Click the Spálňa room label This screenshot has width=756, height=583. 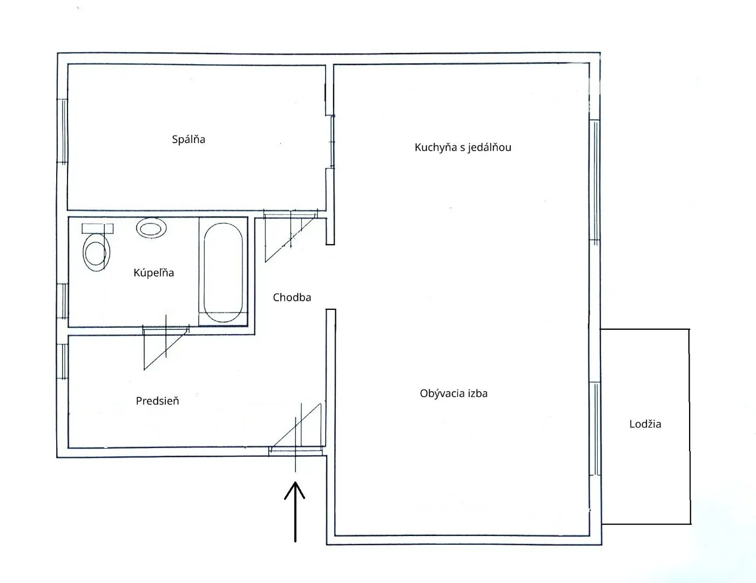coord(188,139)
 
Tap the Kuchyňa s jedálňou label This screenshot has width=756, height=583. coord(463,147)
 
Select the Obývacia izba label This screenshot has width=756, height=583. coord(453,394)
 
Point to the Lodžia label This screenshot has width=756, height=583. coord(645,424)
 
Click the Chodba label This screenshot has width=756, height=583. coord(292,297)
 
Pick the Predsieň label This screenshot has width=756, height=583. coord(157,401)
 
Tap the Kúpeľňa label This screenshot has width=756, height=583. coord(153,273)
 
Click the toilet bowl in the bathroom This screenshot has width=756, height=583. coord(96,252)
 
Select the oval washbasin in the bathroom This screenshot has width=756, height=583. coord(151,228)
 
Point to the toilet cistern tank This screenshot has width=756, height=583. coord(97,228)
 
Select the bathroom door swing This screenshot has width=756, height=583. coord(166,348)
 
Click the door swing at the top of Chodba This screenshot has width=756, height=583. coord(290,236)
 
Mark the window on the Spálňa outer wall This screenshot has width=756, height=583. coord(62,131)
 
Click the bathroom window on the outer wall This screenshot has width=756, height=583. coord(63,301)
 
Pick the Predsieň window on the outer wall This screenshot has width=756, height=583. coord(62,362)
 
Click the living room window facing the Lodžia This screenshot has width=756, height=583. coord(595,429)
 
